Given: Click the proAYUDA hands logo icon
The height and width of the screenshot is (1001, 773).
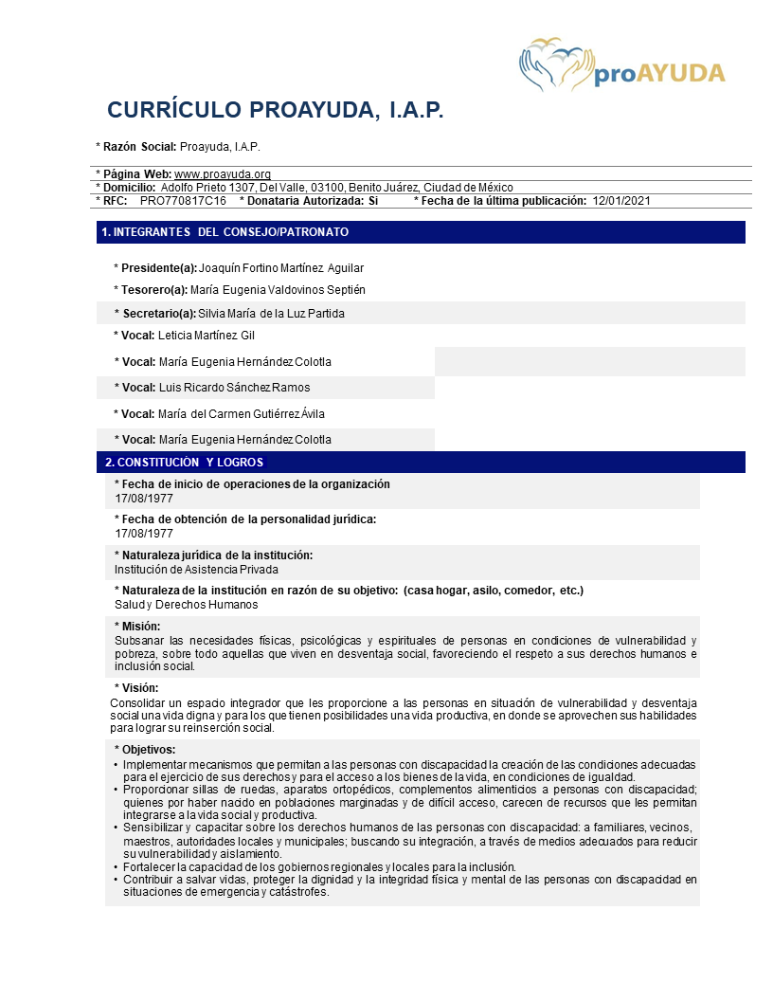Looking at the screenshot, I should coord(554,64).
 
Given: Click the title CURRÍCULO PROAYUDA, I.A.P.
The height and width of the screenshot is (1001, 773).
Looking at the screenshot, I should coord(276,110).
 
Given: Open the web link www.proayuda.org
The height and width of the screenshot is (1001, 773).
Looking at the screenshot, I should coord(223,174).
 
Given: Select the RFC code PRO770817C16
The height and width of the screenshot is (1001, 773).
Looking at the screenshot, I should coord(183,201).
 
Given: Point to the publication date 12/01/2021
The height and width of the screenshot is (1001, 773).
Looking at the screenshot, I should coord(621,201).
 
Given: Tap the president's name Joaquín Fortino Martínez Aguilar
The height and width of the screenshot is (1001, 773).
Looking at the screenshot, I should coord(281,268).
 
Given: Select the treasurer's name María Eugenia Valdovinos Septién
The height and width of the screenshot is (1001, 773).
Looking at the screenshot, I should coord(278,290).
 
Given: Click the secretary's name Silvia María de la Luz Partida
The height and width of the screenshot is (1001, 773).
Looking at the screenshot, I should coord(271,313).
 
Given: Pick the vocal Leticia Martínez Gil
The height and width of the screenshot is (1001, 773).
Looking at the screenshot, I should coord(207,336).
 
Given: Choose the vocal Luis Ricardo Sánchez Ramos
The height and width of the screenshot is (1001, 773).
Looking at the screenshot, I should coord(234,388).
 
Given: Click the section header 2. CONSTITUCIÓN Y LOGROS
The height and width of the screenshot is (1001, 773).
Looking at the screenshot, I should coord(184,463).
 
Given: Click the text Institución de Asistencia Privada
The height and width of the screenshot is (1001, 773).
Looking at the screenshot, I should coord(196,570).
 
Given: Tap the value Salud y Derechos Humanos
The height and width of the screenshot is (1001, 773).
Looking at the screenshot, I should coord(186,605).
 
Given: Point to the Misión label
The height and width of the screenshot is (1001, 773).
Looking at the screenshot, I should coord(140,627).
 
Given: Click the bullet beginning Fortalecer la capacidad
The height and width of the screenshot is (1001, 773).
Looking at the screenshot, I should coord(319,866).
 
